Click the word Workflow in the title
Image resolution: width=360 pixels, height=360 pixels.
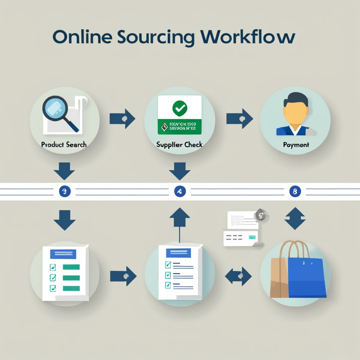pos(248,37)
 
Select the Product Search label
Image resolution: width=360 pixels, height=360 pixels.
pos(64,144)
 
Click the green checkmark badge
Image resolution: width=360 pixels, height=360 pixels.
pos(179,108)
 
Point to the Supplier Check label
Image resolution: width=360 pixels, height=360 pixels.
pos(179,144)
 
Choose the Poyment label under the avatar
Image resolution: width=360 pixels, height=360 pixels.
pos(296,145)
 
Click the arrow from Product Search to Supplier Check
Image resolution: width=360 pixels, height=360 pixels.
pos(123,119)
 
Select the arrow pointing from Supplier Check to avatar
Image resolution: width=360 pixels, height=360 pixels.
pos(239,119)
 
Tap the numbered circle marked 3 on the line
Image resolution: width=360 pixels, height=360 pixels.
pos(64,192)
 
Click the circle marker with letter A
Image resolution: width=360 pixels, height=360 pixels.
pos(180,192)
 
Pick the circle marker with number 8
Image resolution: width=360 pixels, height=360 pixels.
pos(295,192)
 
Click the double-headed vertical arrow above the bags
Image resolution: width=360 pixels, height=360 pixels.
pos(295,218)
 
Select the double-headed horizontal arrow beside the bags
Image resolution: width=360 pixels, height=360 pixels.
pos(238,276)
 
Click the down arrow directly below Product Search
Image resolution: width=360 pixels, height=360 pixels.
pos(64,171)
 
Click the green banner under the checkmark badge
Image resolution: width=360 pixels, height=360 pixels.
pos(179,127)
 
